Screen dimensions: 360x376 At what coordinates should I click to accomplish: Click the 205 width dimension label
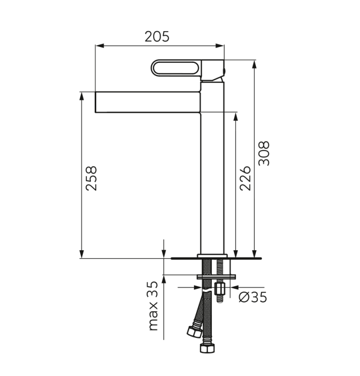coord(157,37)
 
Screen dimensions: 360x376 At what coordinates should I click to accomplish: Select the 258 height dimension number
coord(91,178)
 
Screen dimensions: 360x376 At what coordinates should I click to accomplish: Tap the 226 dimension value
coord(245,178)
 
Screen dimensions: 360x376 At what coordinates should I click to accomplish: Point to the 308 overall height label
coord(264,153)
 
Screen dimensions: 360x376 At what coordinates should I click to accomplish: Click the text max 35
coord(153,306)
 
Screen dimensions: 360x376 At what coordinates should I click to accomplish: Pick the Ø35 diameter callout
coord(253,297)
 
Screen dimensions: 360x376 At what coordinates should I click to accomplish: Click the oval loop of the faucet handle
coord(175,68)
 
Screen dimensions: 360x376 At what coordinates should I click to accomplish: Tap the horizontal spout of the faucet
coord(148,102)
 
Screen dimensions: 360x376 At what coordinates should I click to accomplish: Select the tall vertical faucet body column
coord(212,167)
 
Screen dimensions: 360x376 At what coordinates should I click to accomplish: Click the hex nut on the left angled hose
coord(194,331)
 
